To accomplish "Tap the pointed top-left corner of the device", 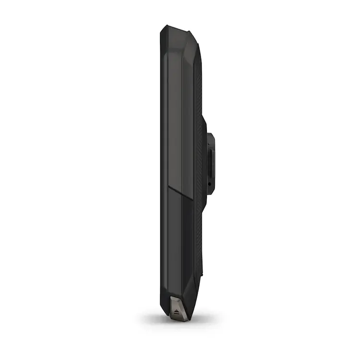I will click(164, 27).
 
